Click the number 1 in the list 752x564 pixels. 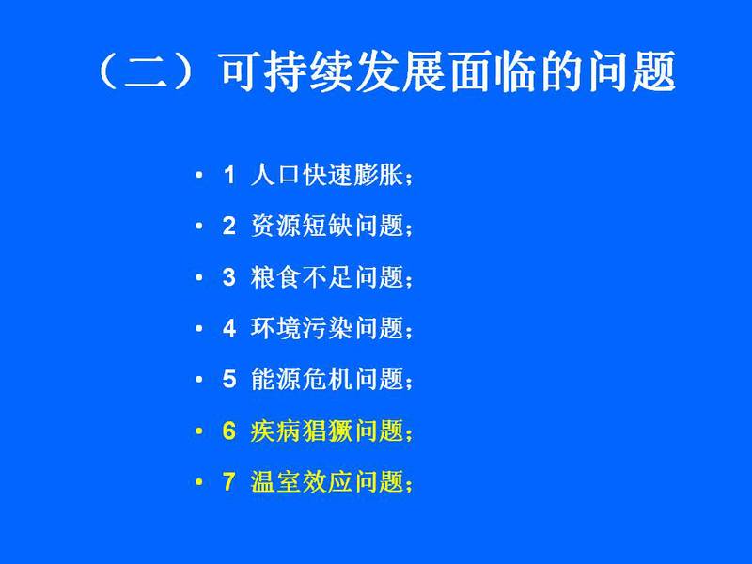coord(229,175)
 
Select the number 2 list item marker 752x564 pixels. coord(229,226)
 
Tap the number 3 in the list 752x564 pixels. coord(229,277)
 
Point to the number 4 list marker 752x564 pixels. coord(229,328)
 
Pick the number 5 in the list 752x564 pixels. coord(229,380)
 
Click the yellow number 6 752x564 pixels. coord(229,431)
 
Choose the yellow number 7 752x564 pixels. coord(229,481)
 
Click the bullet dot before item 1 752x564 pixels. coord(199,175)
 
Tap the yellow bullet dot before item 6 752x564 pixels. coord(199,431)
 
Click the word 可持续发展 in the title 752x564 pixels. coord(334,72)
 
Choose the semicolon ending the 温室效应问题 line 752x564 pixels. coord(408,485)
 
